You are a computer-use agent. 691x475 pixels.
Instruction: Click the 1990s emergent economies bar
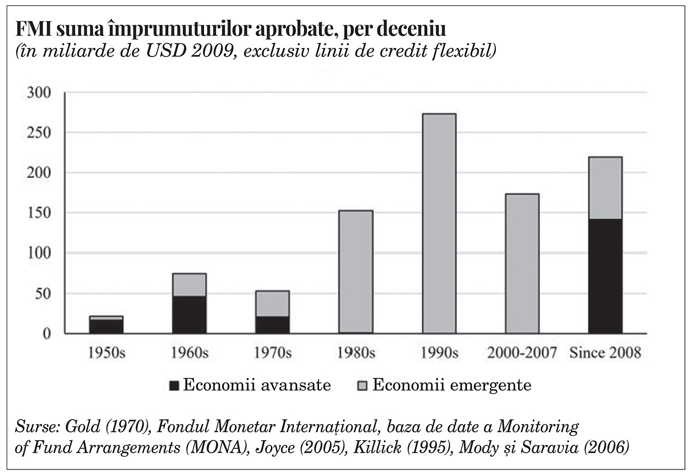point(439,223)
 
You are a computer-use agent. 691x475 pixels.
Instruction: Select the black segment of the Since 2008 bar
point(605,276)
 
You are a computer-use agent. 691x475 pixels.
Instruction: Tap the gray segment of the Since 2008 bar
point(605,188)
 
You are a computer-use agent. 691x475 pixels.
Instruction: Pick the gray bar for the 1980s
point(356,272)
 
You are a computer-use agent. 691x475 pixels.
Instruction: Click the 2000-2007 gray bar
point(522,264)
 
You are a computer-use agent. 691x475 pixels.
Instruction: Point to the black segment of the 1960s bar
point(190,315)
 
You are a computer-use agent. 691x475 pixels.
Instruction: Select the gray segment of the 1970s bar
point(272,304)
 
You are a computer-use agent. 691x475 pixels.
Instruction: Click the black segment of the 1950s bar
point(106,327)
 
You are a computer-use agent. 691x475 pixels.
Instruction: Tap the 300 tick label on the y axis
point(39,92)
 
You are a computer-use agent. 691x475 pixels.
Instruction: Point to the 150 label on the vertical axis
point(39,213)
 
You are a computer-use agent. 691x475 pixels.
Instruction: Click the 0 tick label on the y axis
point(47,334)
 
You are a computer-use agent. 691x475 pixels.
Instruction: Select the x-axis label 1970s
point(273,353)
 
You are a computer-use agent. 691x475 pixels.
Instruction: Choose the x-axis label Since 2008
point(605,353)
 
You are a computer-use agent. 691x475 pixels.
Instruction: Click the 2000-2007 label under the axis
point(522,353)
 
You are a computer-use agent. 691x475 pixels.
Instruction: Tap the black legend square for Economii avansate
point(174,386)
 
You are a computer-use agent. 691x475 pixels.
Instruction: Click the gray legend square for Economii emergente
point(362,386)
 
